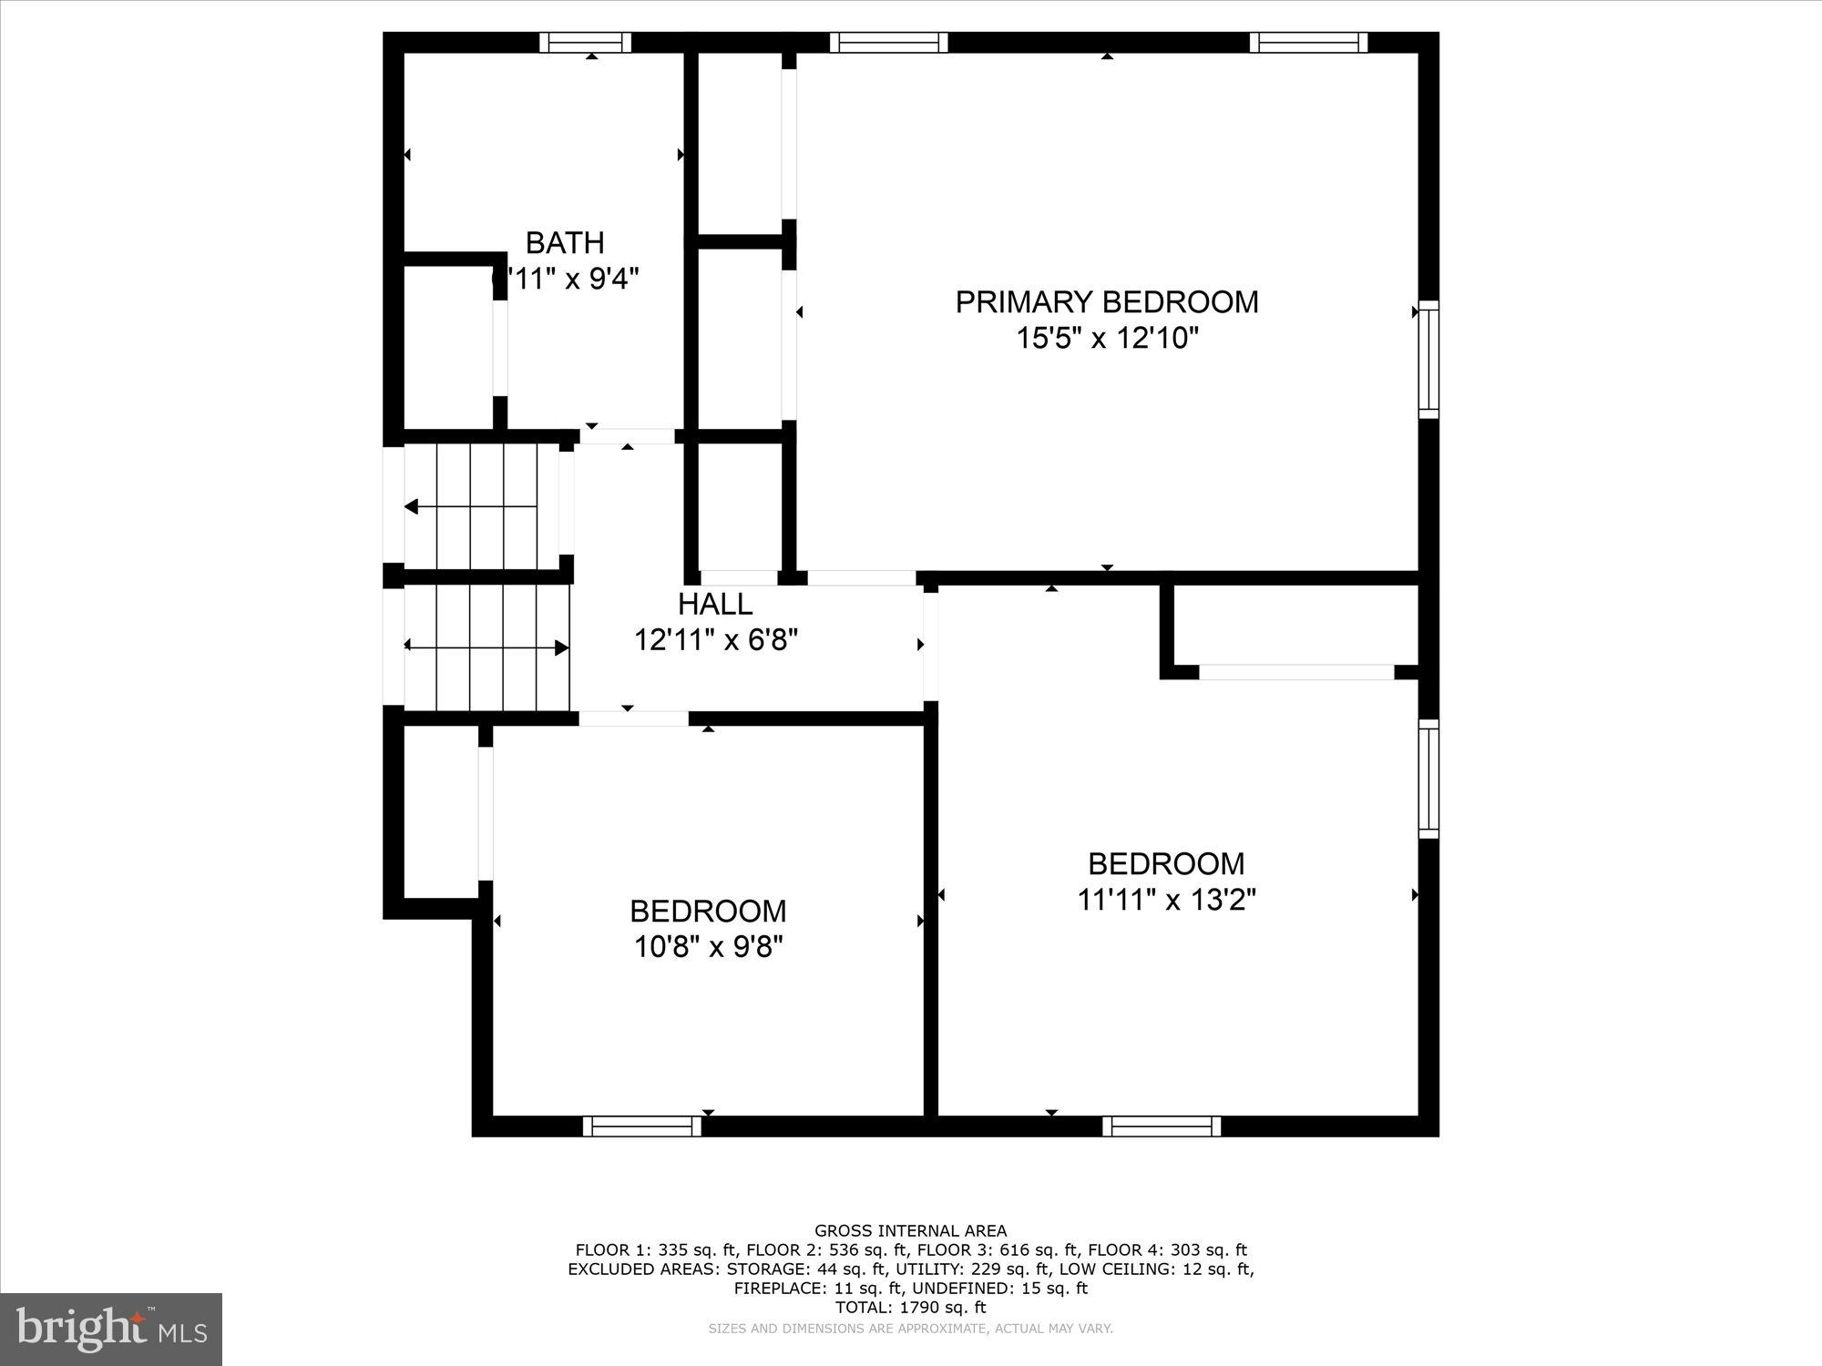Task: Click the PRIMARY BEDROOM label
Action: point(1106,301)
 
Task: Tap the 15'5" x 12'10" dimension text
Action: point(1106,339)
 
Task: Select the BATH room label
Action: point(565,243)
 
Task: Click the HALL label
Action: point(715,604)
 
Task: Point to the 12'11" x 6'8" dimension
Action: point(715,640)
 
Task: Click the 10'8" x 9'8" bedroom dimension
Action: point(708,948)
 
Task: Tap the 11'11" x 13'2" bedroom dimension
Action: point(1166,900)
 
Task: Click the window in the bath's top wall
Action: point(585,42)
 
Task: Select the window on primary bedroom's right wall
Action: point(1428,359)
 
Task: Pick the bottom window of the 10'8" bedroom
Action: point(642,1126)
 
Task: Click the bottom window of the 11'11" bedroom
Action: point(1162,1126)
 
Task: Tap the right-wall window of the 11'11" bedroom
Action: point(1428,779)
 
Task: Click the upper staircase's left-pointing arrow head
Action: point(411,506)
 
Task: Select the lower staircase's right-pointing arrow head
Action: point(562,647)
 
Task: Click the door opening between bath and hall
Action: point(628,436)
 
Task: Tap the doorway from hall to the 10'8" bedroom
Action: point(634,719)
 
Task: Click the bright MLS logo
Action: point(111,1330)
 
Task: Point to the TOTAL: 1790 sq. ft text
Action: point(910,1308)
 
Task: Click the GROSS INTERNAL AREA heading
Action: point(910,1231)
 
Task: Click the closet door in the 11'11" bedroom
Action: point(1295,672)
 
